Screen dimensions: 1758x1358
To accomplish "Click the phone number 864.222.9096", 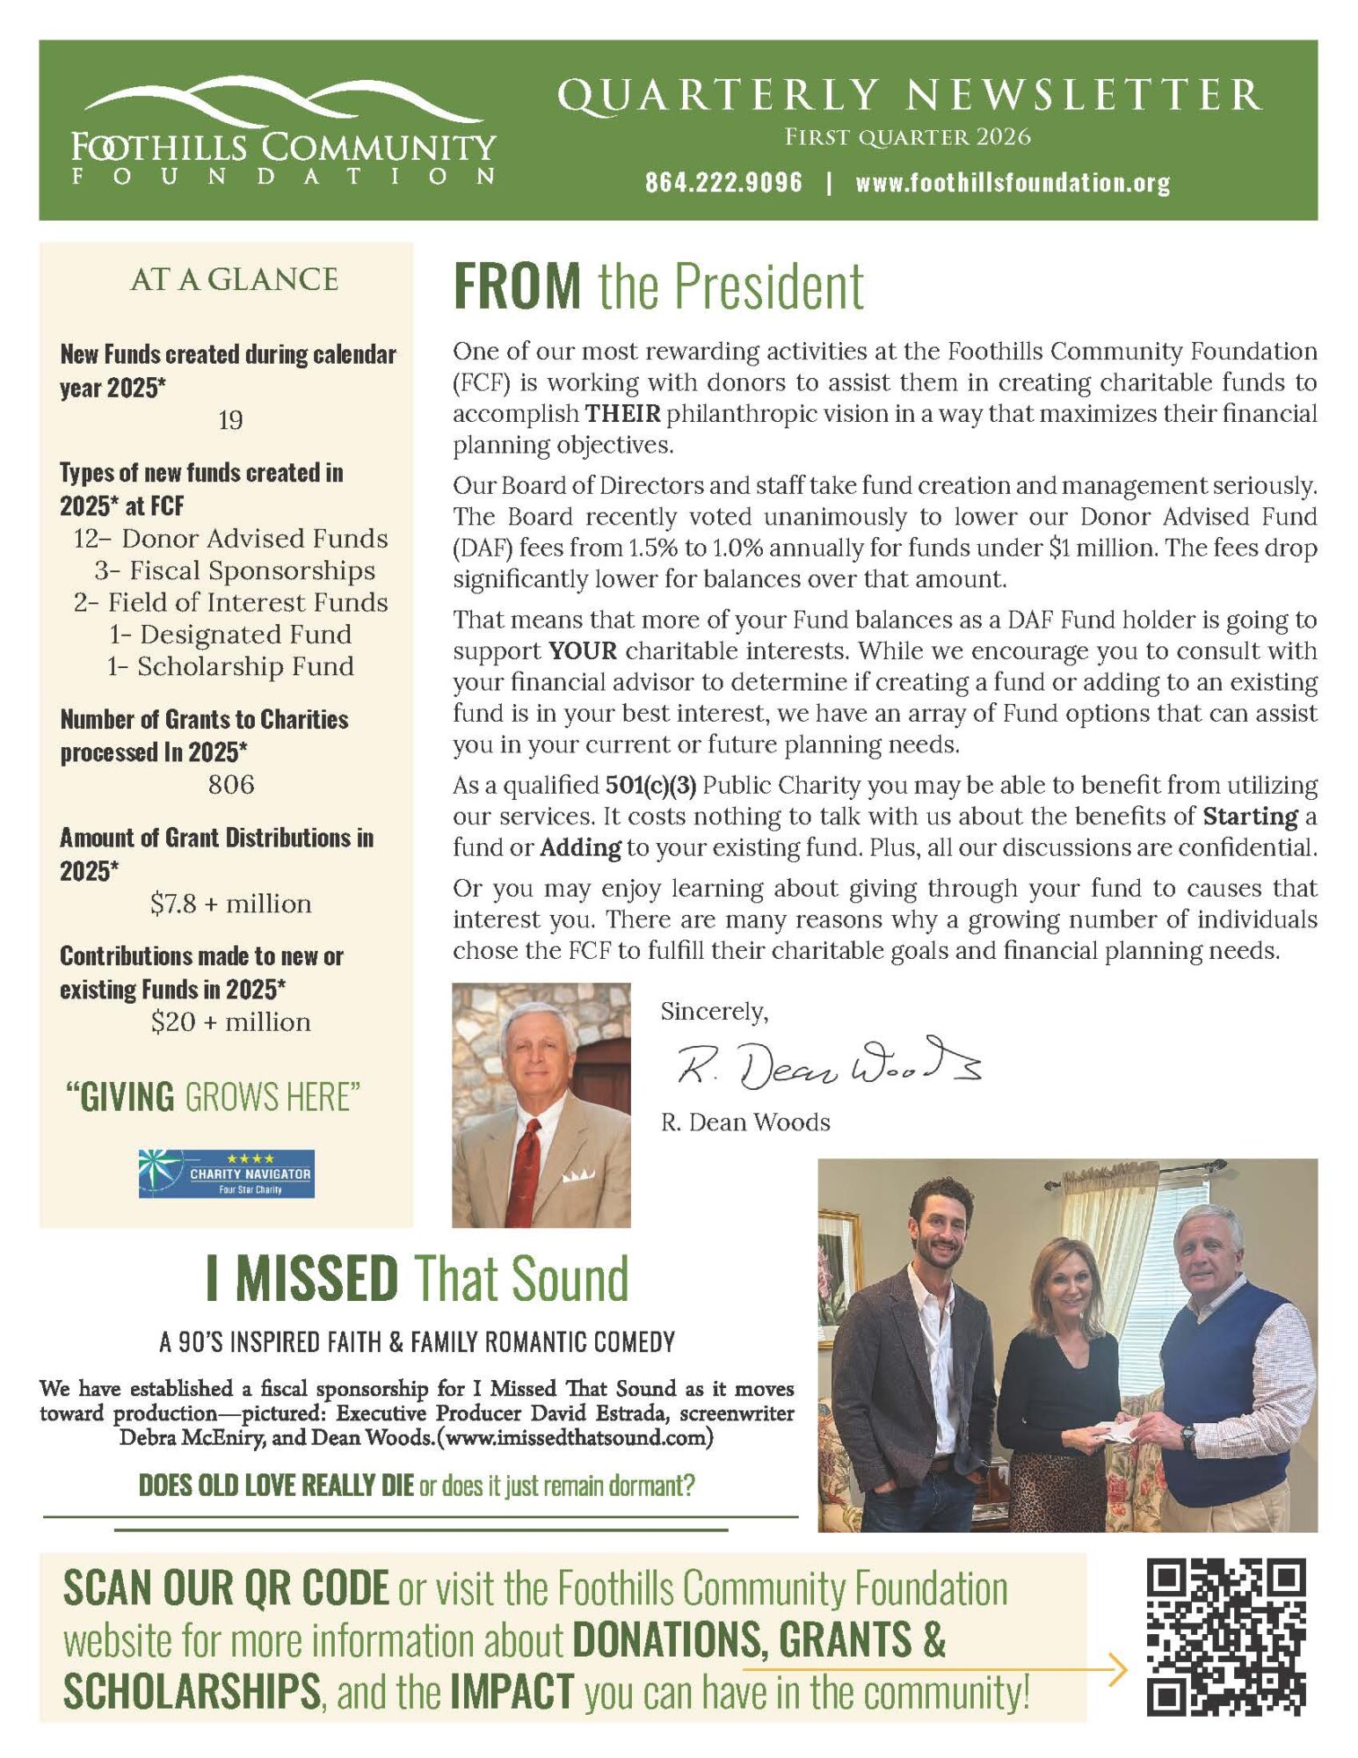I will [x=723, y=183].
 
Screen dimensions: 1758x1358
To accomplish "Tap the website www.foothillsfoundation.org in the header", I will [x=1012, y=183].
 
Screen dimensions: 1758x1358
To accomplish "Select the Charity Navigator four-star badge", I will [x=226, y=1173].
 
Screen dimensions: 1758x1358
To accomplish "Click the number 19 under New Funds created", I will [x=230, y=420].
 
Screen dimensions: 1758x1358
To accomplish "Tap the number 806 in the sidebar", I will [x=230, y=784].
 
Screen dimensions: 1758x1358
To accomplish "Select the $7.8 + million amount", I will [x=230, y=904].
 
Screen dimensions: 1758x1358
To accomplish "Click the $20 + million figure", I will [x=230, y=1022].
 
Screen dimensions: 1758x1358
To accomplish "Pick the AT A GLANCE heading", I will [x=234, y=280].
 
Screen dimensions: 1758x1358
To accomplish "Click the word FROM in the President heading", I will [x=517, y=287].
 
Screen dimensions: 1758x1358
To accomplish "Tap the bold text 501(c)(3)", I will [x=650, y=785].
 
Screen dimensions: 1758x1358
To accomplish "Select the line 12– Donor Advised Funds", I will [x=230, y=538].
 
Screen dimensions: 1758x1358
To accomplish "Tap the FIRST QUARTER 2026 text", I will [x=907, y=137].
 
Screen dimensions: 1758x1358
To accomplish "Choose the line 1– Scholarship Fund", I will [x=230, y=666].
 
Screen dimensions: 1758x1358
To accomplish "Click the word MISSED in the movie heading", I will [x=316, y=1279].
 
